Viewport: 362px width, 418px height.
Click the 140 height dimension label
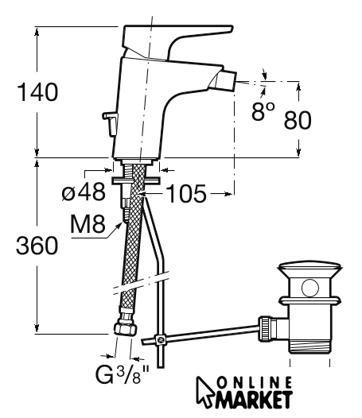(37, 92)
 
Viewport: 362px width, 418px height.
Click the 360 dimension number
(37, 246)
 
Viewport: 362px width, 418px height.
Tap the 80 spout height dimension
(298, 120)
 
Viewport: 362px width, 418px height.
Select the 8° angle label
(263, 112)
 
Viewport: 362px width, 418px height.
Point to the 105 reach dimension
(186, 193)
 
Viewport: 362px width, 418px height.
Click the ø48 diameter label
(84, 192)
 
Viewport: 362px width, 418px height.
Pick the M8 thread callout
(88, 223)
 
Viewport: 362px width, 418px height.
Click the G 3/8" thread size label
(123, 374)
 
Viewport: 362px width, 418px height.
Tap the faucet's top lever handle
(176, 39)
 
